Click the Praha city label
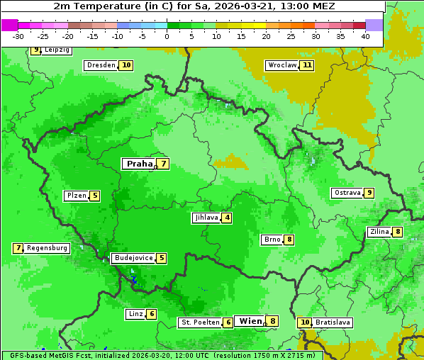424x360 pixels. [139, 164]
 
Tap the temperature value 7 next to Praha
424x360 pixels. [163, 164]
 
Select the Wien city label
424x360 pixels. [250, 321]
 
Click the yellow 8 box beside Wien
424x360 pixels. [272, 321]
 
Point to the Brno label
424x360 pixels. [272, 240]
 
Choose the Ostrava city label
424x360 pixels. [347, 193]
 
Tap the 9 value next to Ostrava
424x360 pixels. [369, 193]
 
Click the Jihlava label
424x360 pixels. [206, 218]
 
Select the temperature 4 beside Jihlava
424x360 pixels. [227, 218]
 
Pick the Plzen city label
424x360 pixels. [76, 196]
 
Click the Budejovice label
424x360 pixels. [133, 258]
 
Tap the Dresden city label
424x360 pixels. [100, 65]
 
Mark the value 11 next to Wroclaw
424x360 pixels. [306, 65]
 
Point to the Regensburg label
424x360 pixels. [47, 248]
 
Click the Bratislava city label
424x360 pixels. [333, 322]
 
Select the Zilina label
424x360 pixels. [379, 232]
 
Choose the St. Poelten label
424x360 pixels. [199, 322]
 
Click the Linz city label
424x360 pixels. [135, 314]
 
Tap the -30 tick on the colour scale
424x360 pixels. [18, 36]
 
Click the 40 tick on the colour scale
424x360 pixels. [365, 36]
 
